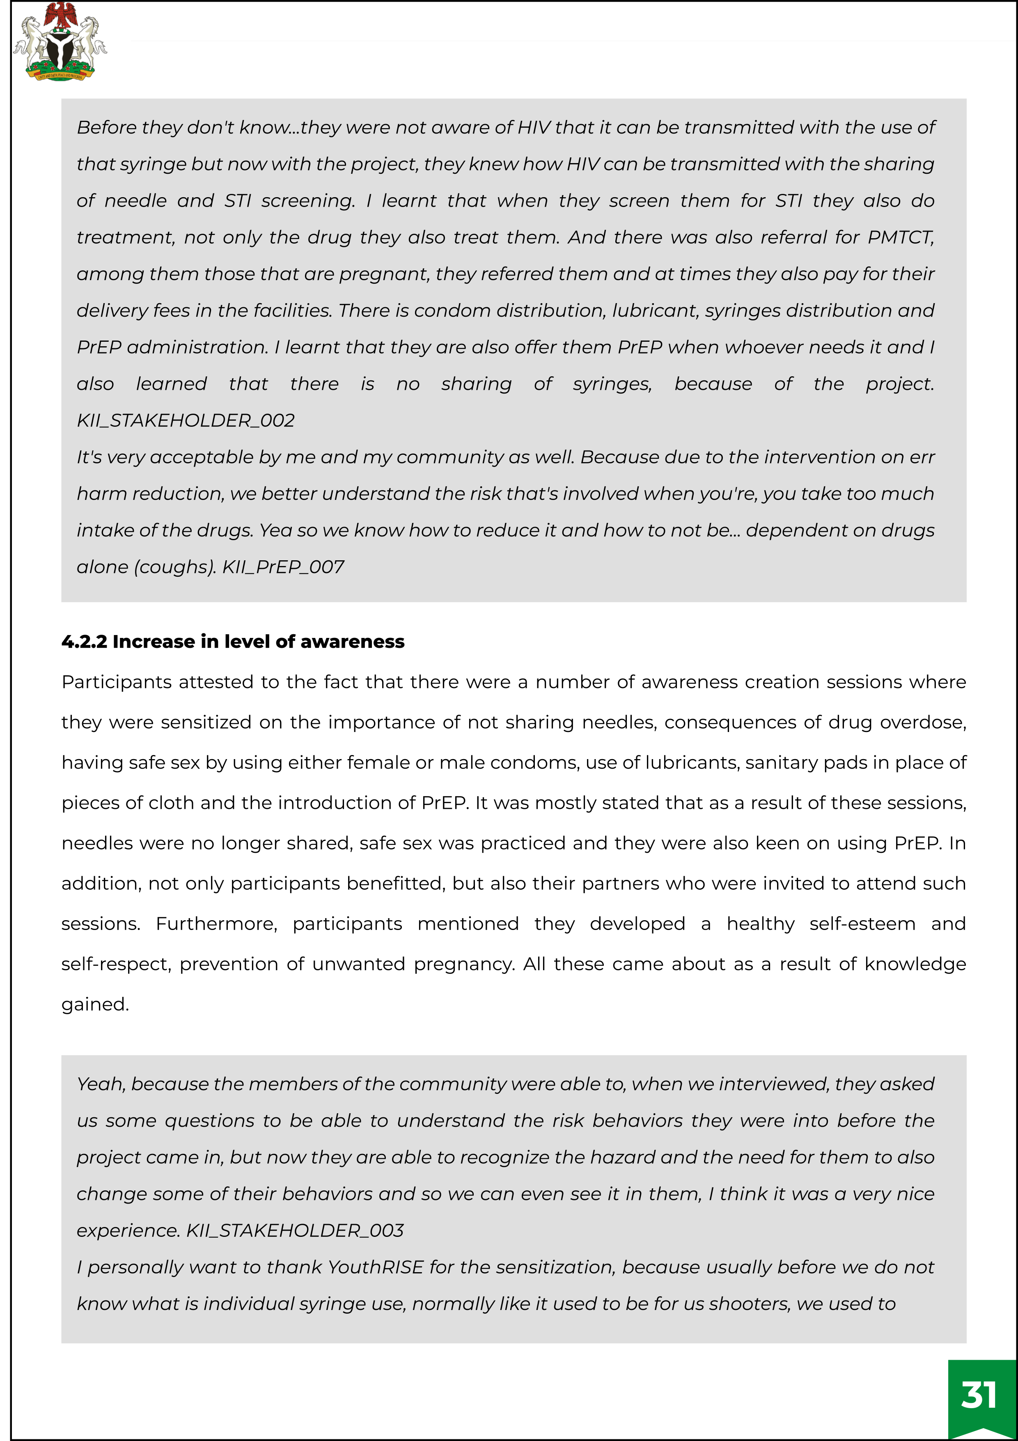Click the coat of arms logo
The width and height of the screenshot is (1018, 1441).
60,41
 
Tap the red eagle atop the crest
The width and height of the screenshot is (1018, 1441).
60,14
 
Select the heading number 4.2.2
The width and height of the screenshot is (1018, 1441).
84,641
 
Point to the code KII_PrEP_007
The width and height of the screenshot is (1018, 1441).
283,567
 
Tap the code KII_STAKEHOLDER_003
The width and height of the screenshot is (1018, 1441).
295,1230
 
